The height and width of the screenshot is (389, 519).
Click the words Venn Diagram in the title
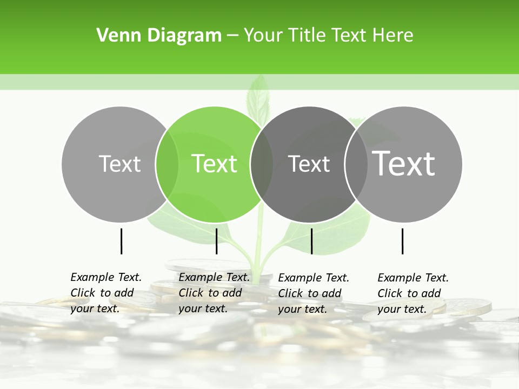159,36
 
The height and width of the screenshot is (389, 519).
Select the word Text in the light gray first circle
119,164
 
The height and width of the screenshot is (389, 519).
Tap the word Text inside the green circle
214,164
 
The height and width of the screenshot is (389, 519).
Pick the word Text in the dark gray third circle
309,164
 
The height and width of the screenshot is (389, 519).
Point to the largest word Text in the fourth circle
404,163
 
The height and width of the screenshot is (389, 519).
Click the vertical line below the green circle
216,241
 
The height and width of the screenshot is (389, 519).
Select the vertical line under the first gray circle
121,241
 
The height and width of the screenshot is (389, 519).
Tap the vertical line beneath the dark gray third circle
311,241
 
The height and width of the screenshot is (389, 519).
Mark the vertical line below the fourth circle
402,241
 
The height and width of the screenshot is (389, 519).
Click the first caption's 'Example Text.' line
106,277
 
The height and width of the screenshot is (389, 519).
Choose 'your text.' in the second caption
203,308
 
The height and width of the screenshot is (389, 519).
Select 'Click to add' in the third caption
309,293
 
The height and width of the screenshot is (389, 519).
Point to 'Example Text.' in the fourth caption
413,278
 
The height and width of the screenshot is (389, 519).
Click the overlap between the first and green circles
167,164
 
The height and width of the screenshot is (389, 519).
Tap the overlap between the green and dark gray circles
262,164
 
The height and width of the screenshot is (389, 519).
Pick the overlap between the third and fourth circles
356,164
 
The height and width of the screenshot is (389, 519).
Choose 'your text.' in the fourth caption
402,309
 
